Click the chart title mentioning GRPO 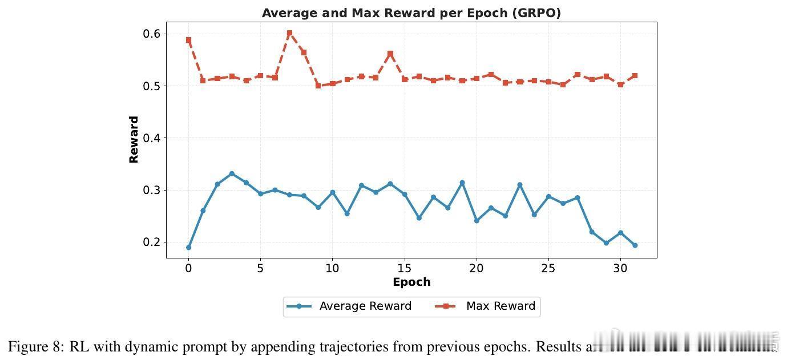click(411, 13)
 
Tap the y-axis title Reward click(134, 140)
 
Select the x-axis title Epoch click(411, 282)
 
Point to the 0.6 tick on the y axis click(151, 34)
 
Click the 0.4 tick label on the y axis click(151, 138)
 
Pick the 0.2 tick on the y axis click(151, 242)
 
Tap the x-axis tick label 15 click(404, 268)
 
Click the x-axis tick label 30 click(620, 268)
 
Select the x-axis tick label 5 click(260, 268)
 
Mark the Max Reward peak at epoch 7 click(289, 33)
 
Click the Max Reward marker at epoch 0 click(188, 40)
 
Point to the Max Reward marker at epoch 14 click(390, 54)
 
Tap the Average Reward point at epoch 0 click(188, 247)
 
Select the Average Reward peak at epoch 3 click(232, 173)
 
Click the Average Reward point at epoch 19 click(462, 183)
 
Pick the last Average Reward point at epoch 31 click(635, 245)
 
